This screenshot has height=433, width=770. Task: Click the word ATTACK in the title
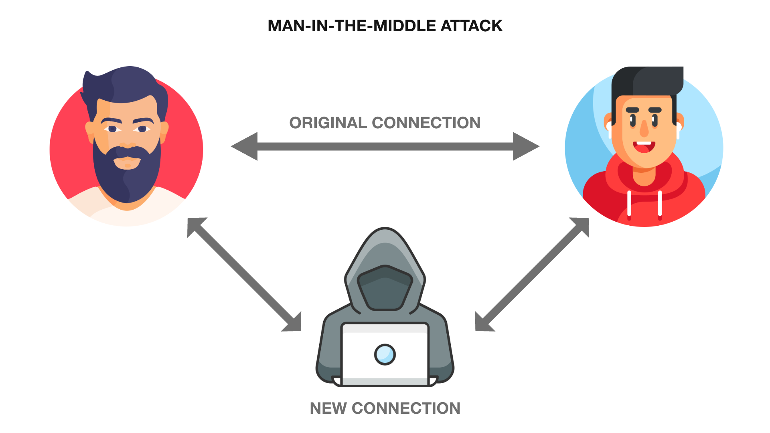coord(471,26)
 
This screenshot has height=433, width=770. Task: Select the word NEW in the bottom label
coord(328,409)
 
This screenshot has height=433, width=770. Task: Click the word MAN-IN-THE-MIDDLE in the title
coord(352,26)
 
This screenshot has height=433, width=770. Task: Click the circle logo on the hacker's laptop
coord(385,354)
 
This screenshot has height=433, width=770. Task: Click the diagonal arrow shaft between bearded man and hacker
coord(245,275)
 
